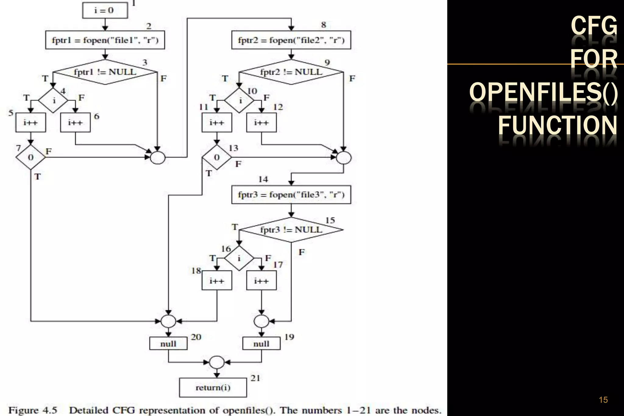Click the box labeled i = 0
[105, 11]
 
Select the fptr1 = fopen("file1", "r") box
[105, 40]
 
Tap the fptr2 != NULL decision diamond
[291, 72]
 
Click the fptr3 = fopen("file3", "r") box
[291, 195]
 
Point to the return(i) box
[213, 387]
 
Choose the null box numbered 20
[168, 344]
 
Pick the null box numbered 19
[261, 344]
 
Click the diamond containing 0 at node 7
[30, 157]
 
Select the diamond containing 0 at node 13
[217, 157]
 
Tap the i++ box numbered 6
[75, 122]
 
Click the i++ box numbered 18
[217, 280]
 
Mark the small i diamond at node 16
[239, 258]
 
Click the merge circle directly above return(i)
[217, 362]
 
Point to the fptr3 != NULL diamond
[291, 230]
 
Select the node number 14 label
[263, 179]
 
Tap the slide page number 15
[603, 400]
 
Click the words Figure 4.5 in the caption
[33, 410]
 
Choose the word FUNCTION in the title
[558, 125]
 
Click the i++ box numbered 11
[217, 122]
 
